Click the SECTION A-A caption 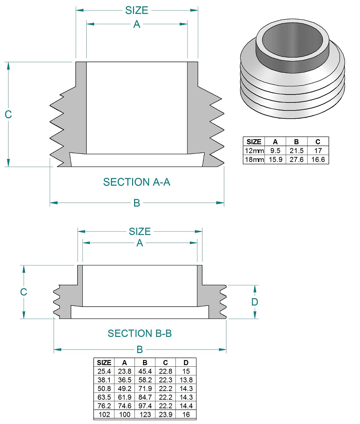tap(137, 182)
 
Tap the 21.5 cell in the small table tap(296, 151)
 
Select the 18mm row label tap(254, 160)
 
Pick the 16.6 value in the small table tap(318, 160)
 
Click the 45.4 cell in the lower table tap(145, 371)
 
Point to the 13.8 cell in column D tap(186, 380)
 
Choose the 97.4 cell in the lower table tap(145, 406)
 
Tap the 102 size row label tap(104, 415)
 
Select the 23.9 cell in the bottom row tap(165, 415)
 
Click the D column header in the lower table tap(186, 363)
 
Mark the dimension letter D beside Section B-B tap(255, 302)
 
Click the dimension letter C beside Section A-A tap(8, 114)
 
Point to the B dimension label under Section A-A tap(137, 203)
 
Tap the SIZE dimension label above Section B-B tap(140, 232)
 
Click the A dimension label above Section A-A tap(137, 24)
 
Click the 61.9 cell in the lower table tap(125, 397)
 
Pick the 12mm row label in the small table tap(254, 151)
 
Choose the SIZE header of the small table tap(254, 142)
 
